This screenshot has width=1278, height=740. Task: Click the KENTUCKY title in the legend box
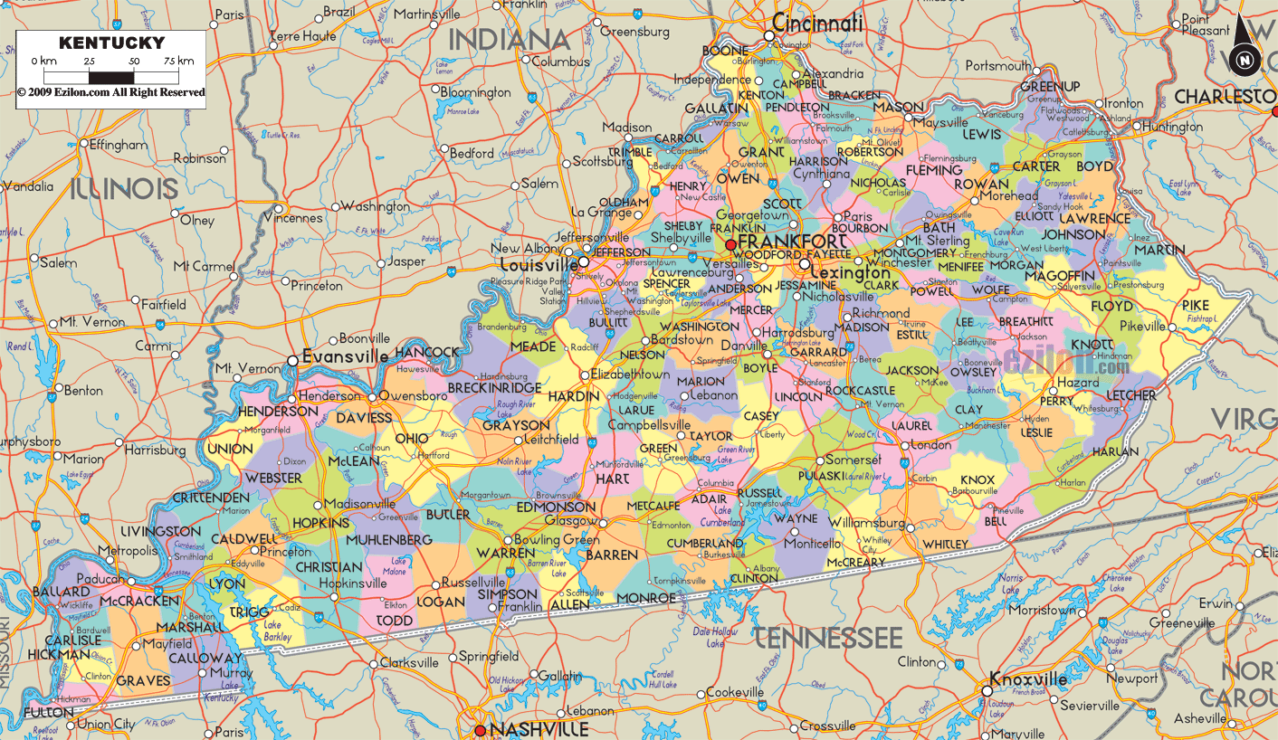point(112,43)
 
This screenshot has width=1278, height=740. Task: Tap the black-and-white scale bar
point(112,77)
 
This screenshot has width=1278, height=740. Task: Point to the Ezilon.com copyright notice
point(111,92)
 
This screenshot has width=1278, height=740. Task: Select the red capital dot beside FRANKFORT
point(730,245)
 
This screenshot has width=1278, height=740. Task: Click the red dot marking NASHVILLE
point(480,730)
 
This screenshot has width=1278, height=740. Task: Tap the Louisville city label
point(539,265)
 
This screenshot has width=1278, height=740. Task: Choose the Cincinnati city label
point(818,24)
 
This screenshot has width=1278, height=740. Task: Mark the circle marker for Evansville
point(292,361)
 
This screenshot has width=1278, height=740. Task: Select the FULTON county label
point(49,713)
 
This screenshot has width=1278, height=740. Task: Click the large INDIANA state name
point(510,40)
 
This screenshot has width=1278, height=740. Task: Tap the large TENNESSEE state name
point(828,637)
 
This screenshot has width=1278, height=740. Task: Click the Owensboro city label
point(413,396)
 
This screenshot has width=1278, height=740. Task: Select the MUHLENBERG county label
point(389,540)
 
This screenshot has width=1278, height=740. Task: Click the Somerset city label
point(853,460)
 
